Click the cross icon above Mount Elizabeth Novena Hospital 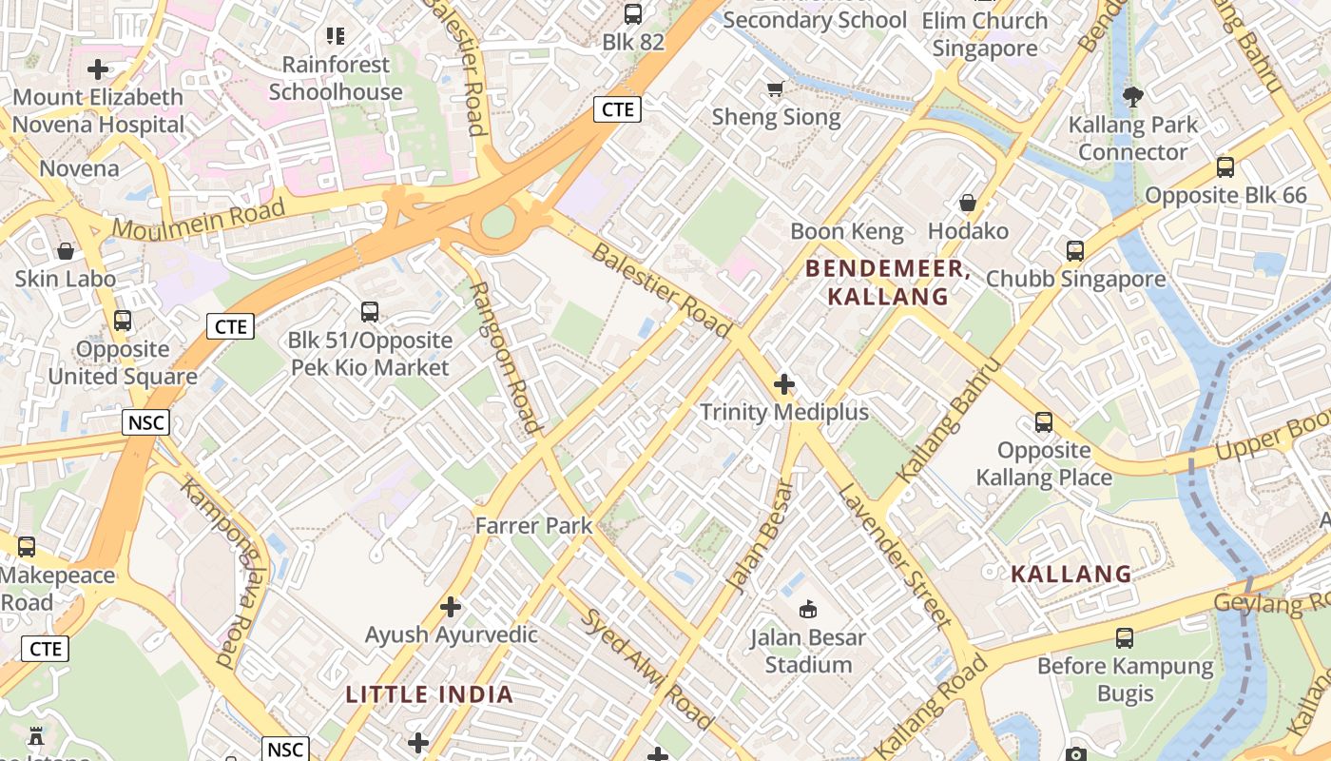pyautogui.click(x=98, y=69)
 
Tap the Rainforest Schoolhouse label pyautogui.click(x=336, y=78)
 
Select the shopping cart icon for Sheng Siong pyautogui.click(x=775, y=89)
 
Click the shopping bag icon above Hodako pyautogui.click(x=968, y=203)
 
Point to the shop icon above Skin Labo pyautogui.click(x=66, y=251)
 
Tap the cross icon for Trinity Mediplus pyautogui.click(x=784, y=384)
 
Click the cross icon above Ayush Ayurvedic pyautogui.click(x=451, y=606)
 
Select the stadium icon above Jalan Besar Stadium pyautogui.click(x=807, y=608)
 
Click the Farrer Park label pyautogui.click(x=533, y=525)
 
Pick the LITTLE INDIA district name pyautogui.click(x=429, y=694)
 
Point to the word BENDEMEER pyautogui.click(x=887, y=269)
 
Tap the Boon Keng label pyautogui.click(x=834, y=231)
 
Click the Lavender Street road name pyautogui.click(x=894, y=556)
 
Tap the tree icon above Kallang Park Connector pyautogui.click(x=1132, y=95)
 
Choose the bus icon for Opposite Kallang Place pyautogui.click(x=1043, y=422)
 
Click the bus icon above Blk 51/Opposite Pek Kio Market pyautogui.click(x=370, y=312)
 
